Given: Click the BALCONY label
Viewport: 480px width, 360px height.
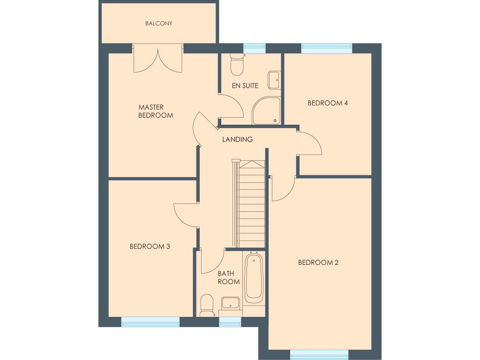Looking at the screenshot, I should [x=158, y=23].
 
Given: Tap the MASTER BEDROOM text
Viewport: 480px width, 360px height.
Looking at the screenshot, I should [x=155, y=112].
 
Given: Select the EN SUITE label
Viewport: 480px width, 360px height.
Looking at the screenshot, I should [x=245, y=86].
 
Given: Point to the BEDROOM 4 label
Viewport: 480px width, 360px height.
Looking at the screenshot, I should [x=327, y=103].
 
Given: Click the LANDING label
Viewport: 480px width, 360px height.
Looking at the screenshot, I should [x=237, y=139].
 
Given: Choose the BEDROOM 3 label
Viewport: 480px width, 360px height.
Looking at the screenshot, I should [x=150, y=246].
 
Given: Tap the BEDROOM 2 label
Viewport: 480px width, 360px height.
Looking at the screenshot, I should [x=318, y=262].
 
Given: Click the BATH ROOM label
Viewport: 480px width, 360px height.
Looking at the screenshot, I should [x=228, y=277].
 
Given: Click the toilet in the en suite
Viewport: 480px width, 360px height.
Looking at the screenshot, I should [x=237, y=64].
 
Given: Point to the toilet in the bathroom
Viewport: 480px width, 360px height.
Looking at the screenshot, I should [x=206, y=306].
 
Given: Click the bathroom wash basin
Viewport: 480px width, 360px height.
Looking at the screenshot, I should [x=230, y=304].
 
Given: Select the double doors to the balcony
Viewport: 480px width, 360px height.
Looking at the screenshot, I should [x=157, y=59].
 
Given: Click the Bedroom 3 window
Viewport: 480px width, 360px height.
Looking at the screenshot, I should [x=150, y=322].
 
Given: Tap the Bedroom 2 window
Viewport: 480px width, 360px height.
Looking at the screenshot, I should [x=319, y=355].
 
